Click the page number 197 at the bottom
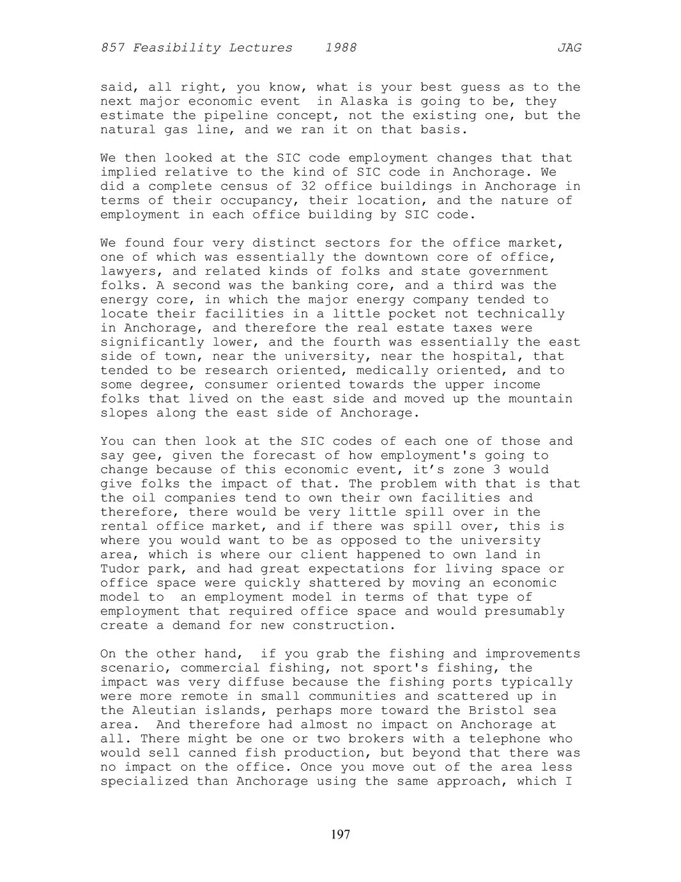(x=340, y=834)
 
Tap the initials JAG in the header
(x=569, y=48)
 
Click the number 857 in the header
(x=112, y=48)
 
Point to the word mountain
(x=540, y=399)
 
